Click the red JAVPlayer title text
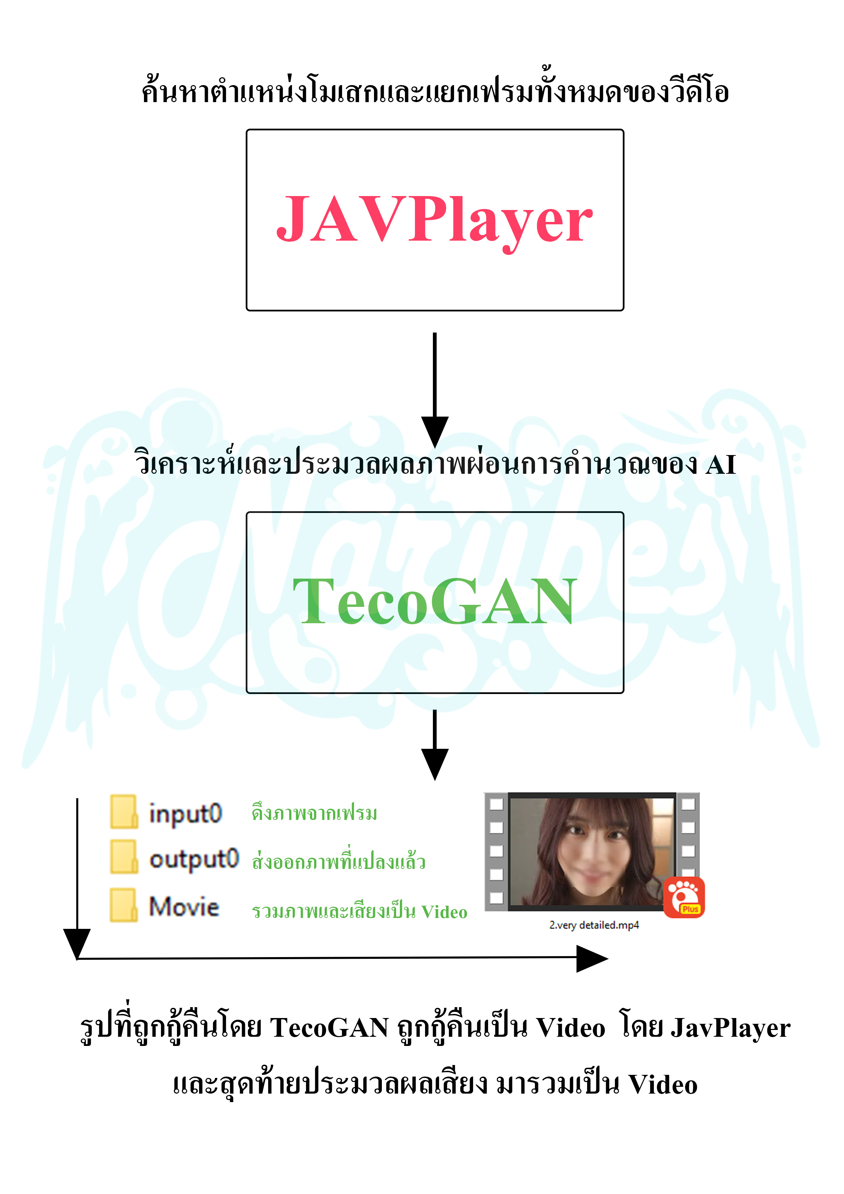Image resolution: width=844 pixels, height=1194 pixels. pos(434,221)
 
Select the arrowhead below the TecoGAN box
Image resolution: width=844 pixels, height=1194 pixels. pos(435,764)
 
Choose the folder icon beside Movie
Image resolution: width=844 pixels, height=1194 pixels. pos(124,905)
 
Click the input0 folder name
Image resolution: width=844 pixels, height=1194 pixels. pos(186,814)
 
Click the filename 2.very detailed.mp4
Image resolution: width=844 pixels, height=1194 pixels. pos(594,925)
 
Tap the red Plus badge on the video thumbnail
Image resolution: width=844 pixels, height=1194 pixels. pos(684,897)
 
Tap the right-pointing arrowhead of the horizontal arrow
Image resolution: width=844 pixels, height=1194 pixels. pos(592,958)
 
